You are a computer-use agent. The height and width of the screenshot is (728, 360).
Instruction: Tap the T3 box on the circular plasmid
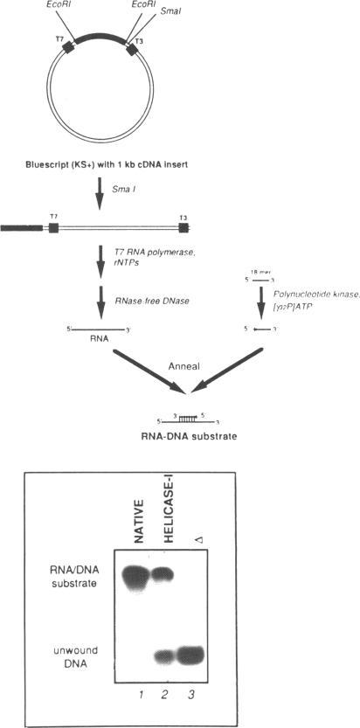[130, 51]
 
